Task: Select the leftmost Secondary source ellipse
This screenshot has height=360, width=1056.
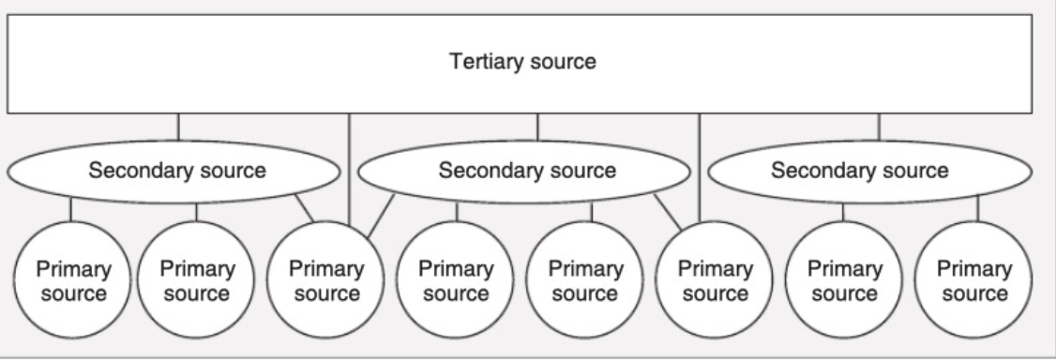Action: (x=176, y=172)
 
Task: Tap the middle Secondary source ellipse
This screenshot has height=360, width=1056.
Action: (x=526, y=172)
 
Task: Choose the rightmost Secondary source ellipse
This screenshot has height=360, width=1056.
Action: (x=859, y=172)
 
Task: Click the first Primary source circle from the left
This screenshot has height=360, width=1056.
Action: (x=72, y=280)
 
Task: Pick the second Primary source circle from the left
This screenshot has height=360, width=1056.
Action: (x=196, y=280)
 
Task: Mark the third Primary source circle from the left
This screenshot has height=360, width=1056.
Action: (x=325, y=280)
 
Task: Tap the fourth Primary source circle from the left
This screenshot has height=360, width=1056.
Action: (x=455, y=280)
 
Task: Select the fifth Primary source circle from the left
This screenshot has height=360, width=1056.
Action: (x=584, y=280)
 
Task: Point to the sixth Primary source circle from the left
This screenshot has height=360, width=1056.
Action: (x=713, y=280)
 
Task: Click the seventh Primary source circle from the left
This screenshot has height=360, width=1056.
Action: (x=844, y=280)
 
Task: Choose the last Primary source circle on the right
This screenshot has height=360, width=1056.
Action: (x=973, y=280)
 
